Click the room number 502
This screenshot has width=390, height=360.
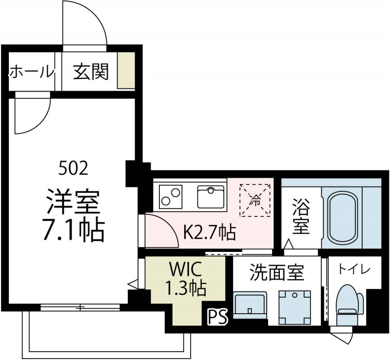[73, 169]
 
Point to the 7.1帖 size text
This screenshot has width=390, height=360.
[73, 231]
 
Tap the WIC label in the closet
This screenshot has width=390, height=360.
[185, 269]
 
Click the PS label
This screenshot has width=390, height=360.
[217, 317]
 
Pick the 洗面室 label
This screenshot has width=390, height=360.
[276, 273]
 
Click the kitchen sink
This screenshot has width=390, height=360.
[211, 196]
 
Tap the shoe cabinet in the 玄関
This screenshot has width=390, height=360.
[126, 70]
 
